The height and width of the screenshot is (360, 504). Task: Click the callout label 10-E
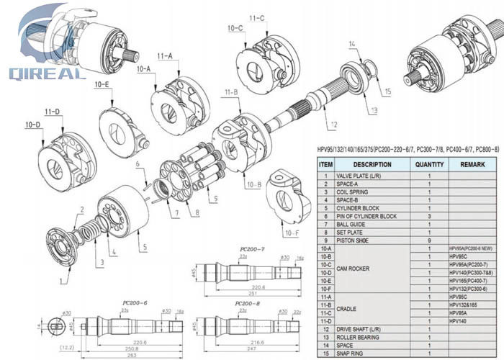click(x=102, y=85)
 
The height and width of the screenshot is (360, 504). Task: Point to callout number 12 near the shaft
click(x=333, y=125)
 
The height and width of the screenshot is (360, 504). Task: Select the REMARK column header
click(x=472, y=163)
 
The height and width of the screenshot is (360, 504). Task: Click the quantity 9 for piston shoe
click(x=429, y=240)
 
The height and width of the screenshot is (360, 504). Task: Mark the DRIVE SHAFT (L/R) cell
click(x=366, y=328)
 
